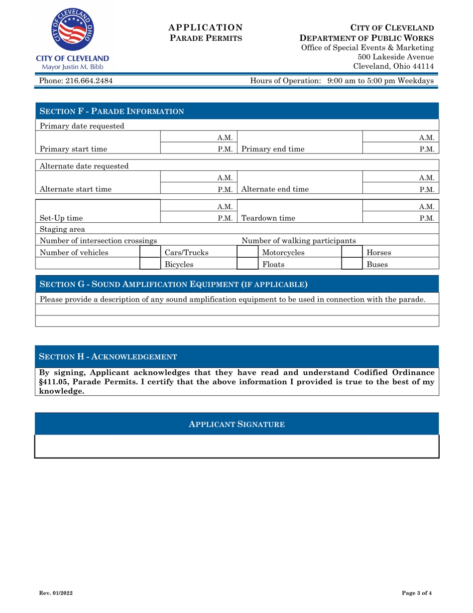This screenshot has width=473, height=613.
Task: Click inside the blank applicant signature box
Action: [236, 446]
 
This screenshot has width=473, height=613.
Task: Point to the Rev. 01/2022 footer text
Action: [55, 593]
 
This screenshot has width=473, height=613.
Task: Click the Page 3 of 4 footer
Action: [417, 593]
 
